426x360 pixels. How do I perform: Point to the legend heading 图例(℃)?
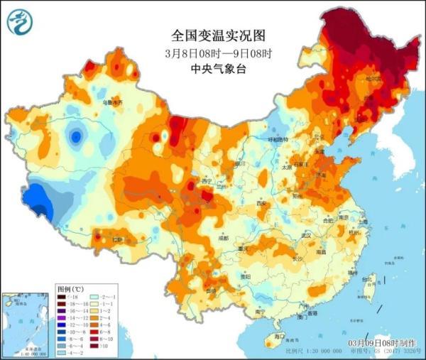70,290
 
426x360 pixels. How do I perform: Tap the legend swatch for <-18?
62,297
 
